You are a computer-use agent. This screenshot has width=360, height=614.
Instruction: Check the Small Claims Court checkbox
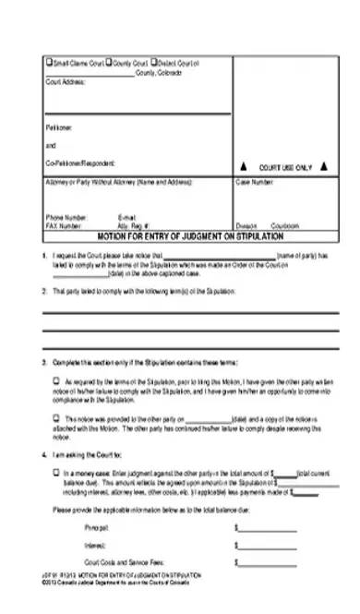coord(49,63)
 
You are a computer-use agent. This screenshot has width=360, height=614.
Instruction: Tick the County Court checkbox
coord(109,63)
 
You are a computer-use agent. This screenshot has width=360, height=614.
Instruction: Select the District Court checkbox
coord(152,63)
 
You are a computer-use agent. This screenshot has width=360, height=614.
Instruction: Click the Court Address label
coord(65,81)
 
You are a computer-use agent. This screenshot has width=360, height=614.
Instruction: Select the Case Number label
coord(255,182)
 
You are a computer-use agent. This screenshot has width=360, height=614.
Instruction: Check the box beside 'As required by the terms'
coord(55,379)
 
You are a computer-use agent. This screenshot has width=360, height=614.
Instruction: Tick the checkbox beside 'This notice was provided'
coord(55,416)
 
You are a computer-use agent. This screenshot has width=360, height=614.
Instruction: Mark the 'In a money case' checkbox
coord(55,472)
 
